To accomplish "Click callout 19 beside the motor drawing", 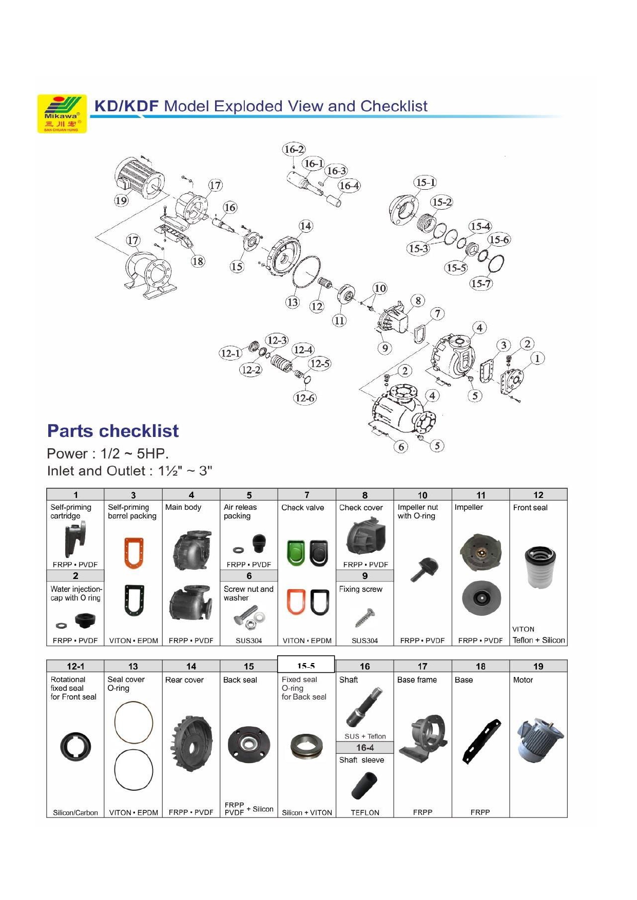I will tap(121, 201).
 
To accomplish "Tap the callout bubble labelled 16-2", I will tap(294, 149).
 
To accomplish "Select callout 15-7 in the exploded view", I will tap(481, 283).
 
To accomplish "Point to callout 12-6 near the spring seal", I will tap(305, 397).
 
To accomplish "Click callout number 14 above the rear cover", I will tap(305, 226).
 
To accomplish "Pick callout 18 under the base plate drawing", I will tap(198, 261).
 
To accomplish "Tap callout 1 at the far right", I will tap(537, 358).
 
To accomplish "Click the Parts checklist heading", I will tap(113, 431).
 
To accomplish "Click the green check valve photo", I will tap(296, 552).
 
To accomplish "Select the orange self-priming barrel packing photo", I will tap(133, 552).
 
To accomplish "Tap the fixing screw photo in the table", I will tap(364, 617).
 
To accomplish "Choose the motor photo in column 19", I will tap(539, 738).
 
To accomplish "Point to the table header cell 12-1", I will tap(75, 666).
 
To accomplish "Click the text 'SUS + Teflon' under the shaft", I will tap(365, 736).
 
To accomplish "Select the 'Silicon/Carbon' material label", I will tap(75, 812).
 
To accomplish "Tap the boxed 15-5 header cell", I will tap(306, 665).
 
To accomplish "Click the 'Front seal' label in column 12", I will tap(530, 508).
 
